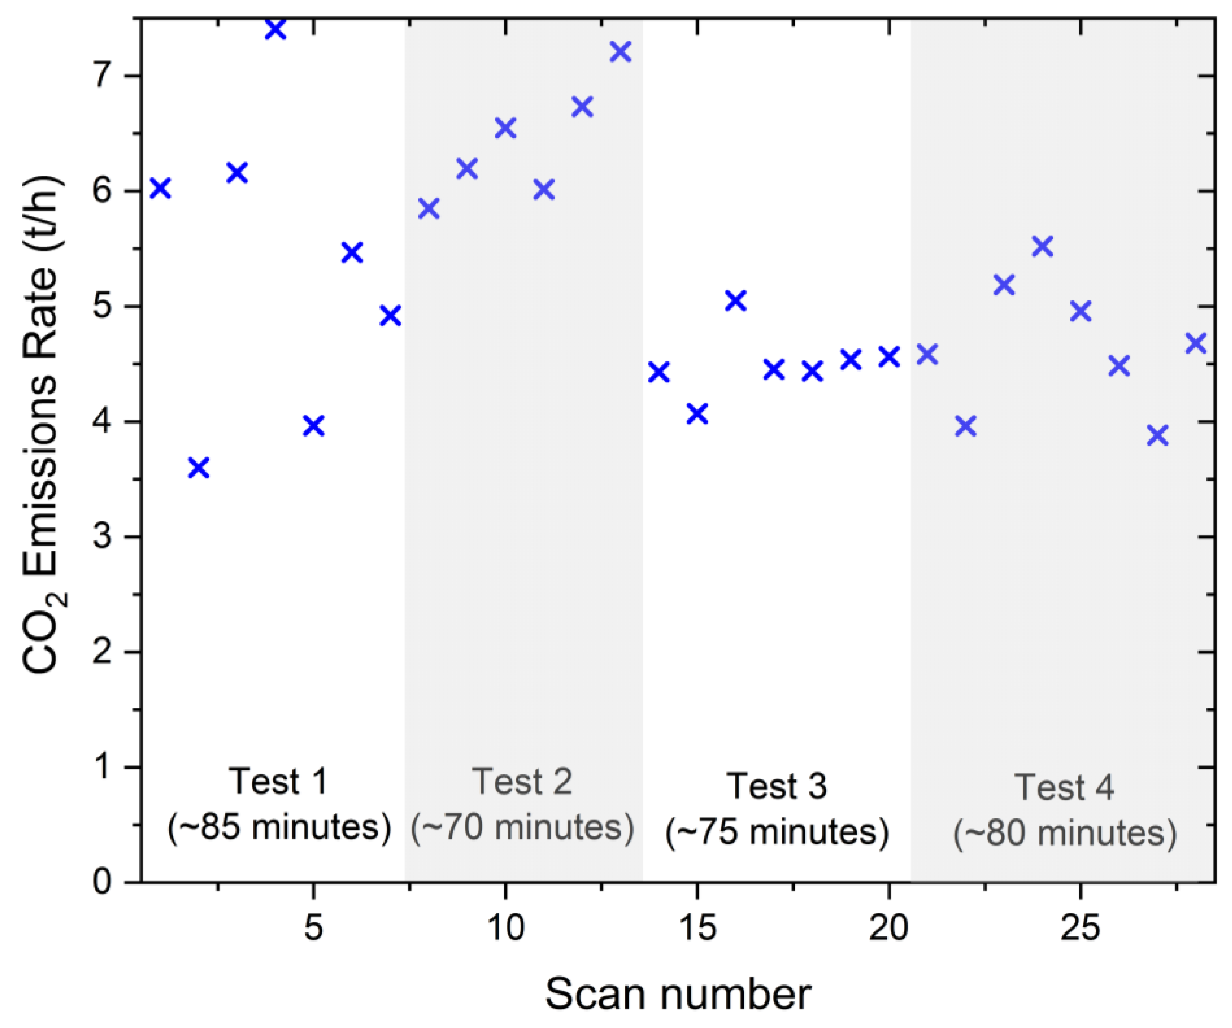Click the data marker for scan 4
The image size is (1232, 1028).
[x=275, y=29]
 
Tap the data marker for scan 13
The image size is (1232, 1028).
[x=620, y=51]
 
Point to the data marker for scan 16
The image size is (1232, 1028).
[x=735, y=301]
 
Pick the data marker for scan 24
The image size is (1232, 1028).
[x=1042, y=246]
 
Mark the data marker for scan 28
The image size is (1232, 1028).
[x=1196, y=343]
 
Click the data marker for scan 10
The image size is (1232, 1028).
[x=505, y=127]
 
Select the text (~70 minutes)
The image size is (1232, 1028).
[x=522, y=827]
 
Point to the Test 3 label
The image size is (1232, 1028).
[x=777, y=786]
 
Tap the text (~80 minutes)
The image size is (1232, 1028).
[x=1064, y=833]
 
